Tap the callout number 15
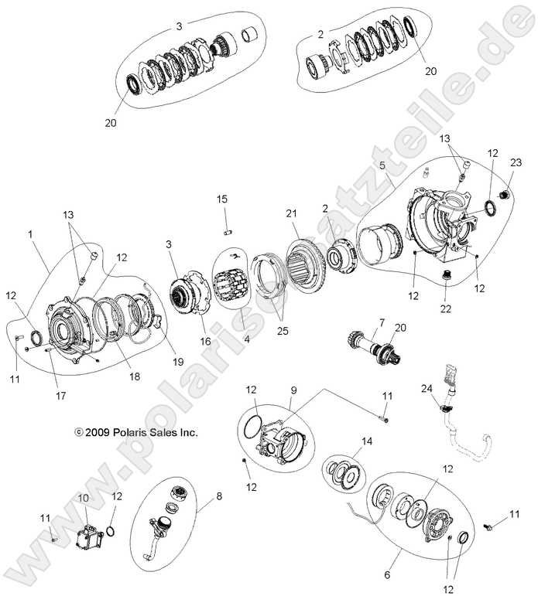tap(222, 199)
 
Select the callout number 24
tap(426, 388)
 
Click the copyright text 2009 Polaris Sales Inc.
tap(135, 434)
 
